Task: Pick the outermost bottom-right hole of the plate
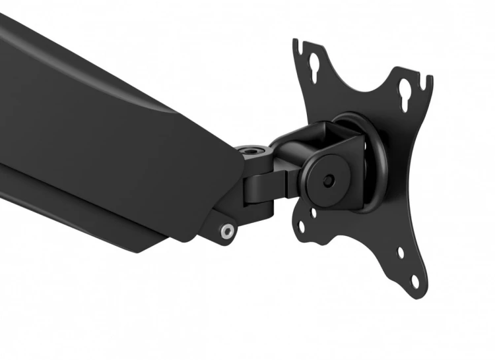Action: pyautogui.click(x=415, y=280)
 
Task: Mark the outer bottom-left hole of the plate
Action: pyautogui.click(x=302, y=227)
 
